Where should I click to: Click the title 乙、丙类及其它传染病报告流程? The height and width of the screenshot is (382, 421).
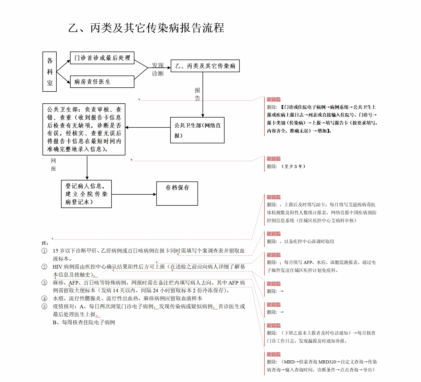pos(146,28)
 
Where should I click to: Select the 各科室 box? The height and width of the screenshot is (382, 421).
pos(49,72)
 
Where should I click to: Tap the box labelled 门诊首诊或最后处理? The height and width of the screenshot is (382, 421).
pos(102,58)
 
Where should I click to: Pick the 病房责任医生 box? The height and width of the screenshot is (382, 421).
pos(102,82)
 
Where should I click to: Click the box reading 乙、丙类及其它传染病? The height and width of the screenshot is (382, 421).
pos(205,66)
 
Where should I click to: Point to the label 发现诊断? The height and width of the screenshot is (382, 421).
pos(158,69)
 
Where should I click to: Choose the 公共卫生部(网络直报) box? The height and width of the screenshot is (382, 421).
pos(197,130)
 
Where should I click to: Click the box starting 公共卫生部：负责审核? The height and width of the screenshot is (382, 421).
pos(84,129)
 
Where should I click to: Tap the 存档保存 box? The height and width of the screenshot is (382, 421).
pos(177,194)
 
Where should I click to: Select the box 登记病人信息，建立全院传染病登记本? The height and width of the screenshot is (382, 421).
pos(86,194)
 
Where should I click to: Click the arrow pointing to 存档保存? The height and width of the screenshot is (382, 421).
pos(134,194)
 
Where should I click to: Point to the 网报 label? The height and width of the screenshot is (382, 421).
pos(53,165)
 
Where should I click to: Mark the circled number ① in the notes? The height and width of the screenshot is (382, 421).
pos(45,251)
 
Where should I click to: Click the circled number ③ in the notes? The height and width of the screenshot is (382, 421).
pos(45,283)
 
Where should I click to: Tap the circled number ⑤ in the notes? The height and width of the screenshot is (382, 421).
pos(45,306)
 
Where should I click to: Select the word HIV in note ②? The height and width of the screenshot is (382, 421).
pos(57,267)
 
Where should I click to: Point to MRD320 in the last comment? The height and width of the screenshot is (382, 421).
pos(327,362)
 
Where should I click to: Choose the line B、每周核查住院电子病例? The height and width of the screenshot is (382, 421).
pos(84,322)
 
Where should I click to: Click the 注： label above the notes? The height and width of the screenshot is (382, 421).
pos(45,243)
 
